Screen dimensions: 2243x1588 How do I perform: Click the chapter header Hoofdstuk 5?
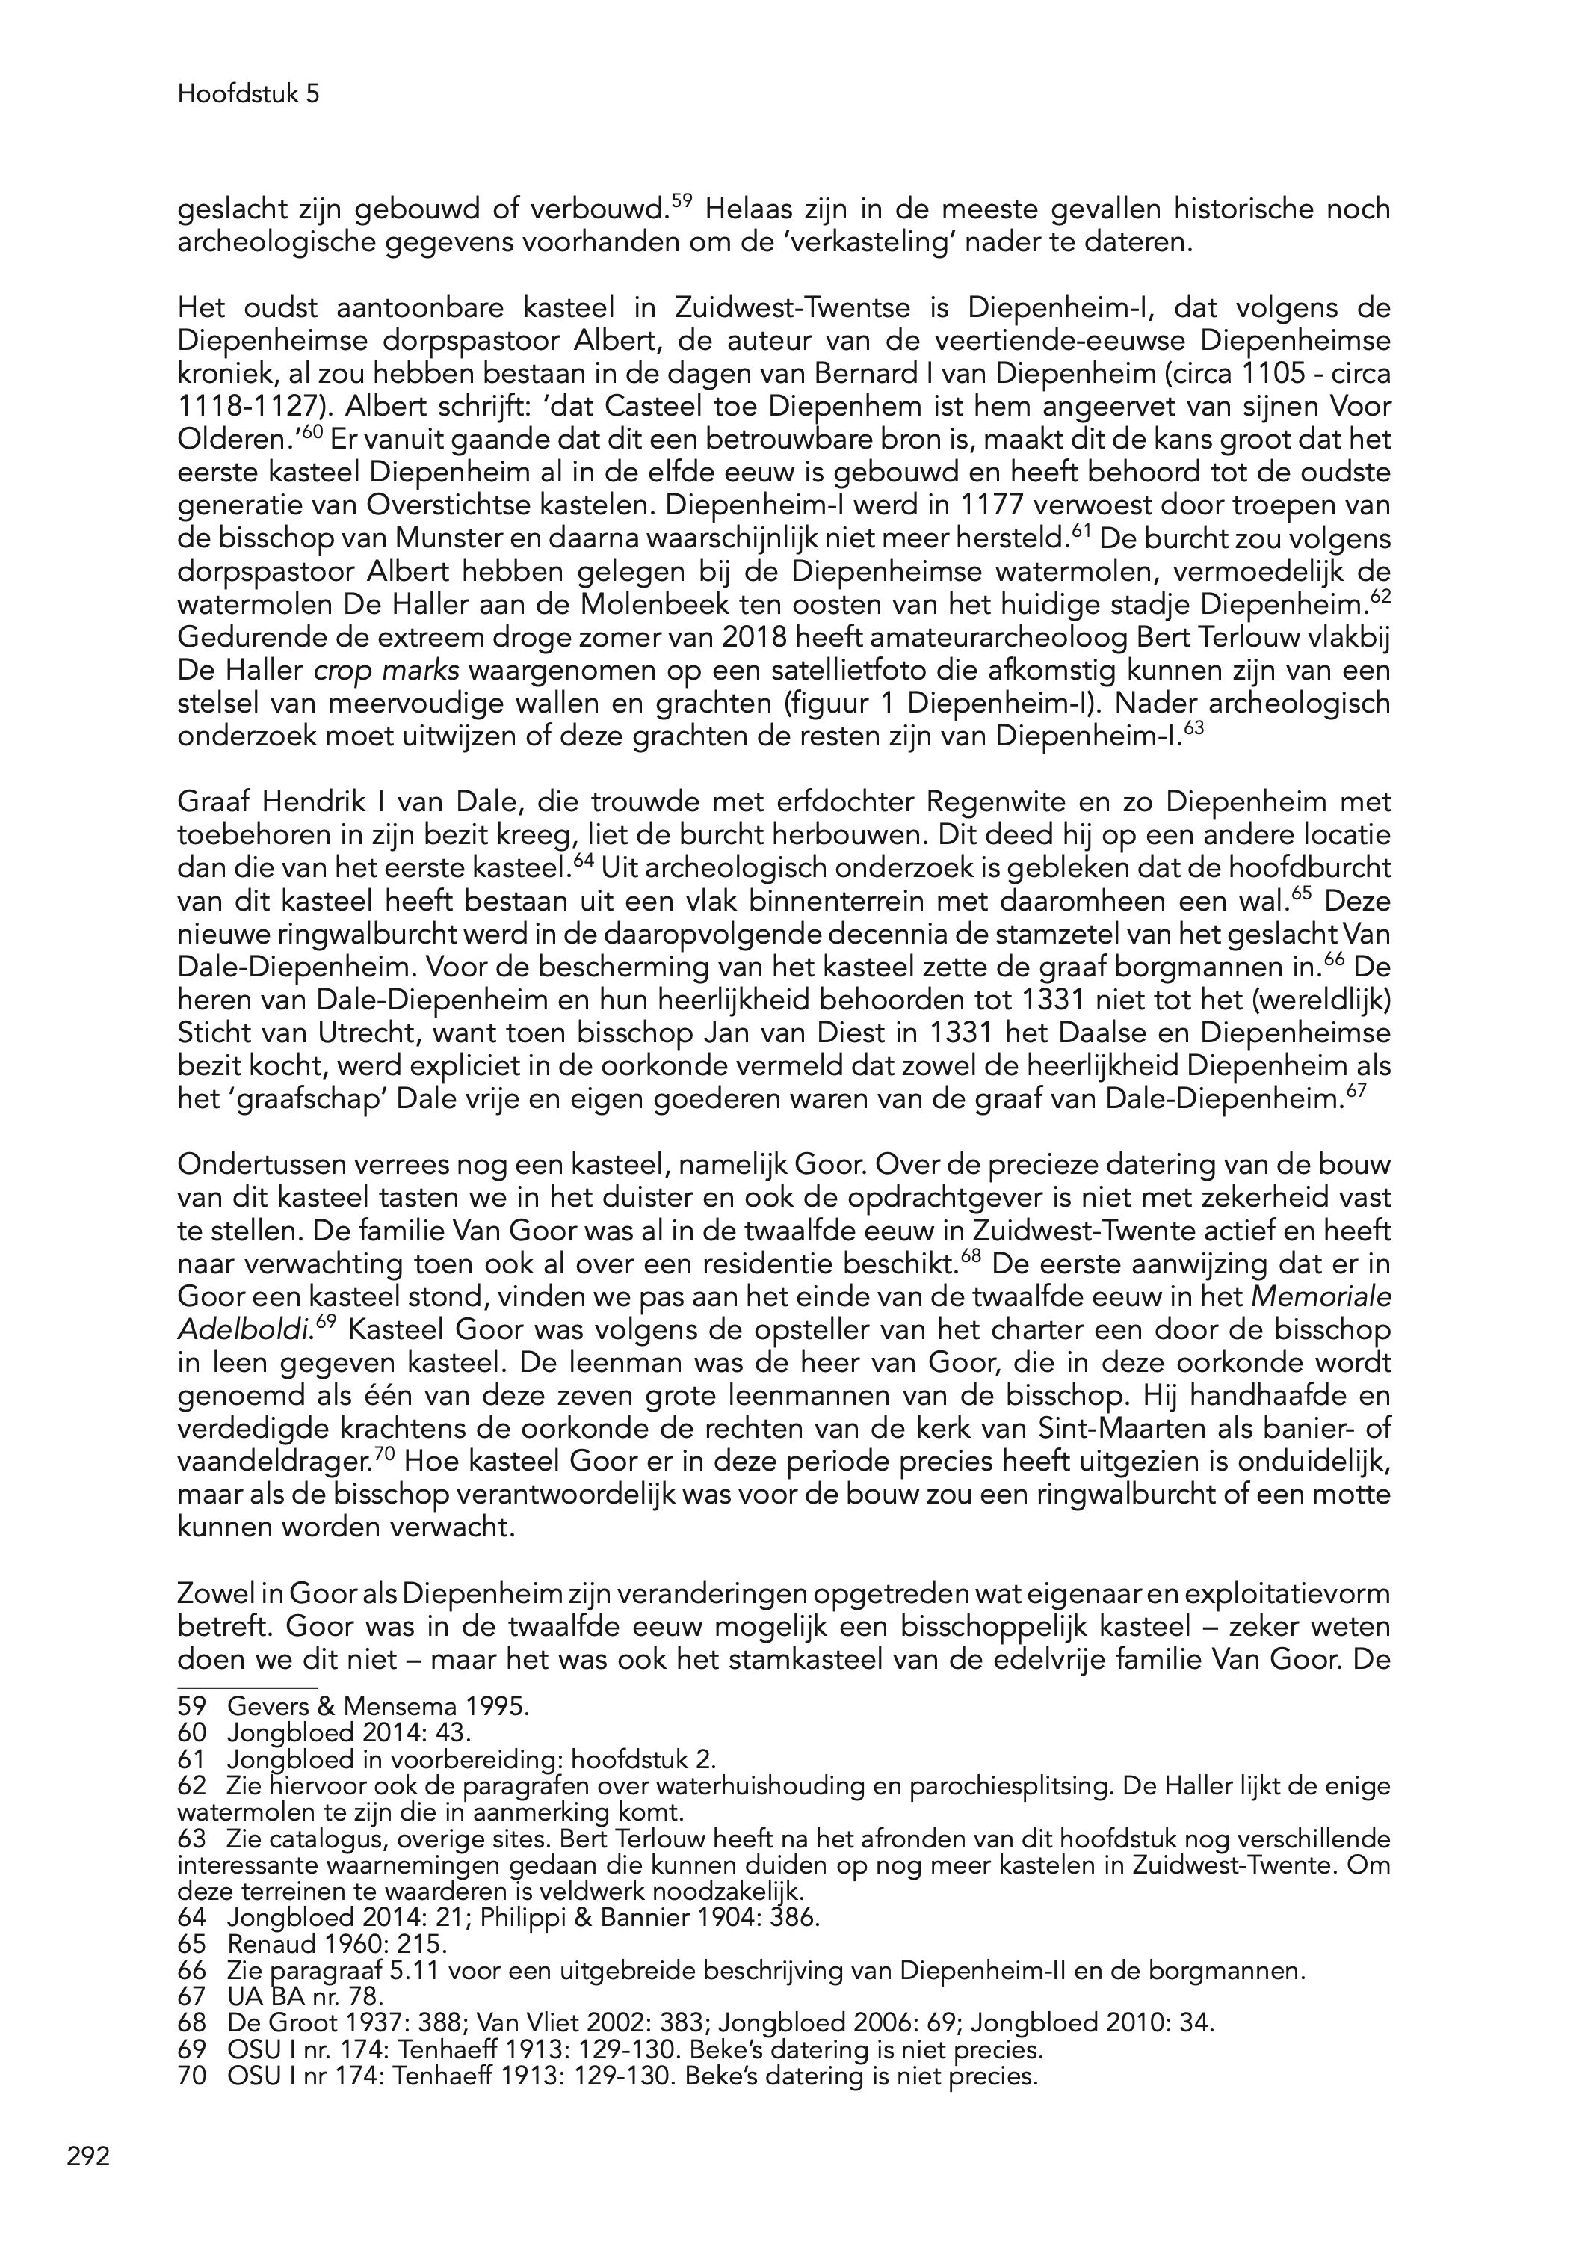[x=248, y=95]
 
